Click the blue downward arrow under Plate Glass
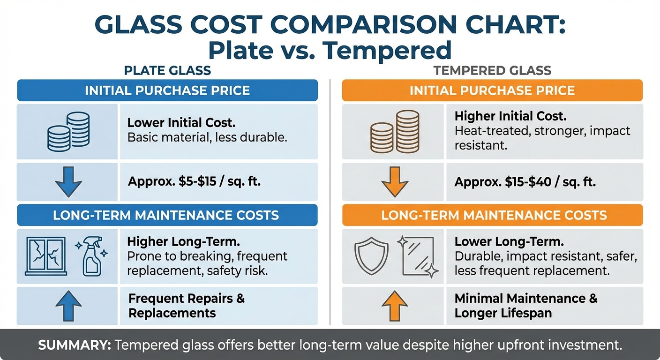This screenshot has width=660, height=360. (x=68, y=182)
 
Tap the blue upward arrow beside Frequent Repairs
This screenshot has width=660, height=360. (x=68, y=306)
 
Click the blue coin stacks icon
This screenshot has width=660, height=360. (x=68, y=132)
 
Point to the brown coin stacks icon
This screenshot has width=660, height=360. (x=394, y=132)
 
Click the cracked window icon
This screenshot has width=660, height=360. (x=45, y=256)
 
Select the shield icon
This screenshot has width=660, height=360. (x=371, y=256)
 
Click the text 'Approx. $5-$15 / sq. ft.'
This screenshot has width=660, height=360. (x=194, y=182)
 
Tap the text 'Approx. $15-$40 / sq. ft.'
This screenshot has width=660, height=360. (x=525, y=182)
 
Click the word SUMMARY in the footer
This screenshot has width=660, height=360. (x=74, y=345)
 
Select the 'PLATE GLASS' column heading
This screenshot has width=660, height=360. (x=167, y=71)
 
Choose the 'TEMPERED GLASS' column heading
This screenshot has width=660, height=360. (x=492, y=71)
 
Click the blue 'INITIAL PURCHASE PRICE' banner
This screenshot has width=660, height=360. (x=167, y=90)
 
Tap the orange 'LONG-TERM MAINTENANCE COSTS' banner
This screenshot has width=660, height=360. (x=492, y=215)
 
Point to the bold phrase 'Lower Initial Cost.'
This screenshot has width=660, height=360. (x=181, y=123)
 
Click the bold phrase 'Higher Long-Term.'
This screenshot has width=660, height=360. (x=184, y=242)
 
